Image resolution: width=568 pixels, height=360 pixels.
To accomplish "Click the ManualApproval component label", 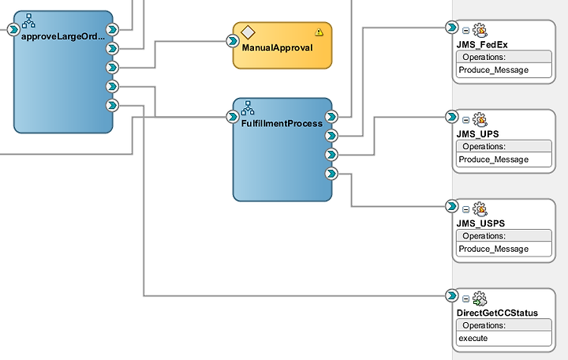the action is (277, 48).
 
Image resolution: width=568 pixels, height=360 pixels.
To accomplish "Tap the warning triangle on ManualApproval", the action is (319, 32).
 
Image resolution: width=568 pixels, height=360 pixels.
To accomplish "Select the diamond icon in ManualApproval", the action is (248, 32).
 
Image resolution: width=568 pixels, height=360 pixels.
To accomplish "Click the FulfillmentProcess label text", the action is (282, 124).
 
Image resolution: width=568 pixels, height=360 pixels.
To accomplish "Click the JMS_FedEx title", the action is (482, 45).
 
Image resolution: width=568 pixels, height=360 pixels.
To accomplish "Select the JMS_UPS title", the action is (477, 134).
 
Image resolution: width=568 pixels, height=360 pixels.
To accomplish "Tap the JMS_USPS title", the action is (480, 223).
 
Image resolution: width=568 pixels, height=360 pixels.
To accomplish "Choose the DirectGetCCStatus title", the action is (497, 313).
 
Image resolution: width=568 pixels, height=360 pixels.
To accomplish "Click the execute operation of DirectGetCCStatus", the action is (473, 338).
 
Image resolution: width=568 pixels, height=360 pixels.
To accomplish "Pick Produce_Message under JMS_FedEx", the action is (493, 70).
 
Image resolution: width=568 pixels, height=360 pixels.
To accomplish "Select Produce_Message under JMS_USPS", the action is (493, 249).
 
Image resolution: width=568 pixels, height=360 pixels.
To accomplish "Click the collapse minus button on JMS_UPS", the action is (466, 120).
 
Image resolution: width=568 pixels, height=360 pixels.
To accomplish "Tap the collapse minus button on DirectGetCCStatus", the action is (466, 299).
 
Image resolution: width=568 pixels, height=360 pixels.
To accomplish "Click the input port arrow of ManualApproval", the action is (233, 40).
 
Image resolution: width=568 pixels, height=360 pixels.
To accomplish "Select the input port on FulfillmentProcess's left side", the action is (233, 117).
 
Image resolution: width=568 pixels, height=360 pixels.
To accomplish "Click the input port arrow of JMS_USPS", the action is (452, 206).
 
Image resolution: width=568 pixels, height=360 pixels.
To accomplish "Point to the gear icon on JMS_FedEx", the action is (480, 31).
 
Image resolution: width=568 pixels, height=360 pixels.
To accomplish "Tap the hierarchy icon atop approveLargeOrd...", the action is (28, 21).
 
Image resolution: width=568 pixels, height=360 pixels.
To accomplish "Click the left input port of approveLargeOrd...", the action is (13, 29).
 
